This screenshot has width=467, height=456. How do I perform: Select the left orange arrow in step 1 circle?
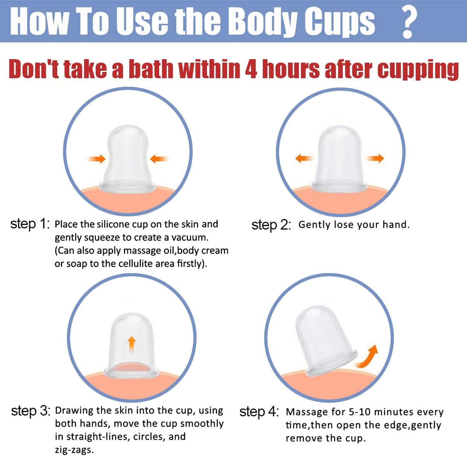tap(96, 158)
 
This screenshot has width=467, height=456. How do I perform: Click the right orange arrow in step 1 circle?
tap(159, 158)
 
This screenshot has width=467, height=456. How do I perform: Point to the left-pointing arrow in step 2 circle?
tap(304, 158)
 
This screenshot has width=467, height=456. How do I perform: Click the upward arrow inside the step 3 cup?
tap(132, 344)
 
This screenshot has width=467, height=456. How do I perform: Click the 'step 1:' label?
tap(30, 224)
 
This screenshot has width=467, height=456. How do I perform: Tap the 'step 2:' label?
tap(271, 225)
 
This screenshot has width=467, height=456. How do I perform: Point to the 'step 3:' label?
tap(31, 411)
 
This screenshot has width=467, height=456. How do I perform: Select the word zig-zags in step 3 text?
tap(74, 450)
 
